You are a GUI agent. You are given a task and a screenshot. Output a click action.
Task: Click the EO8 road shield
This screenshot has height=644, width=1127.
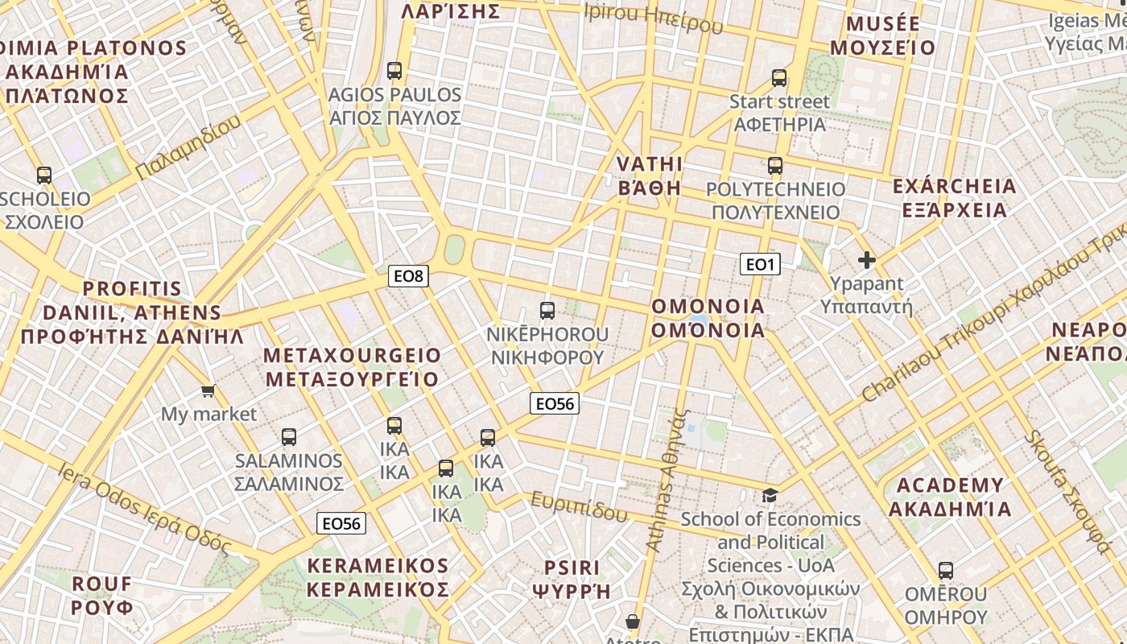pyautogui.click(x=408, y=276)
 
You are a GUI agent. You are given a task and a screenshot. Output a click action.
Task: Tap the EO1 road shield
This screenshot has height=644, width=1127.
pyautogui.click(x=760, y=264)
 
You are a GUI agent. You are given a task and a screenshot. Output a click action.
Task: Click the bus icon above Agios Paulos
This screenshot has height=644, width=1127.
pyautogui.click(x=394, y=71)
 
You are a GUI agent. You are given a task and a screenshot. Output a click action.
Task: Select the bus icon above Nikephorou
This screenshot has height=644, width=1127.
pyautogui.click(x=547, y=310)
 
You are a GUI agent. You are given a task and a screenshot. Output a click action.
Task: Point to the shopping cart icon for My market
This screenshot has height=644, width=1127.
pyautogui.click(x=208, y=391)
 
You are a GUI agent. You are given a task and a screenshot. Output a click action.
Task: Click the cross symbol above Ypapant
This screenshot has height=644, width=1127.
pyautogui.click(x=867, y=260)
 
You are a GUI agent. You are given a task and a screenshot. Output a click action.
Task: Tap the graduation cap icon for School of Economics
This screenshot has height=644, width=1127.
pyautogui.click(x=770, y=495)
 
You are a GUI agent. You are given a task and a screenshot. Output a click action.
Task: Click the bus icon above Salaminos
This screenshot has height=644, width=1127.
pyautogui.click(x=289, y=437)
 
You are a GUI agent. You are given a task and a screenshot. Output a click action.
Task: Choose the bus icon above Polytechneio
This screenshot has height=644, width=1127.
pyautogui.click(x=775, y=166)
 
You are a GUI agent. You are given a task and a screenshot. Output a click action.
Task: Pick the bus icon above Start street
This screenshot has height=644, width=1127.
pyautogui.click(x=779, y=78)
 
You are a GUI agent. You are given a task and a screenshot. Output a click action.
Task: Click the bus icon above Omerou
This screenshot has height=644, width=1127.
pyautogui.click(x=946, y=571)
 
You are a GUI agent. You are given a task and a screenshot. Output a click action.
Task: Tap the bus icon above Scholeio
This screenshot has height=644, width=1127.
pyautogui.click(x=44, y=175)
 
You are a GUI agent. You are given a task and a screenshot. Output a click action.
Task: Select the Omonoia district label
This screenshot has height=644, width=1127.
pyautogui.click(x=708, y=319)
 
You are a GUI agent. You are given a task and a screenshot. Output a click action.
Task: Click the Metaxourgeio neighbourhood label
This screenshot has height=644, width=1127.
pyautogui.click(x=353, y=367)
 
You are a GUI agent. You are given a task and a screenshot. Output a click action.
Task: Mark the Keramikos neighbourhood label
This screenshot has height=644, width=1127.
pyautogui.click(x=378, y=577)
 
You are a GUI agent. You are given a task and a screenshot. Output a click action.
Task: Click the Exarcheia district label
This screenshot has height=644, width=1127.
pyautogui.click(x=955, y=198)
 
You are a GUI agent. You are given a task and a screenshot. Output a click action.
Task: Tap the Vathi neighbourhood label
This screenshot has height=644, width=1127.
pyautogui.click(x=650, y=176)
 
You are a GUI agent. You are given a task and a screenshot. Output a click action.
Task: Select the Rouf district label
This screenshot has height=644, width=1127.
pyautogui.click(x=102, y=595)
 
